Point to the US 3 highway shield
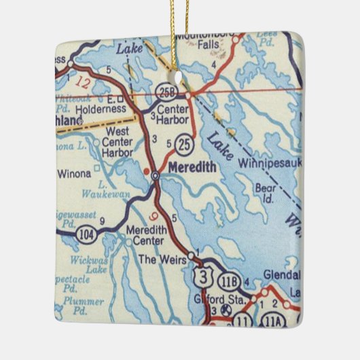pyautogui.click(x=201, y=274)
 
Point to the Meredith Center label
pyautogui.click(x=145, y=235)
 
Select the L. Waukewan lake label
pyautogui.click(x=107, y=190)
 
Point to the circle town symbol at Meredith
pyautogui.click(x=155, y=176)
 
